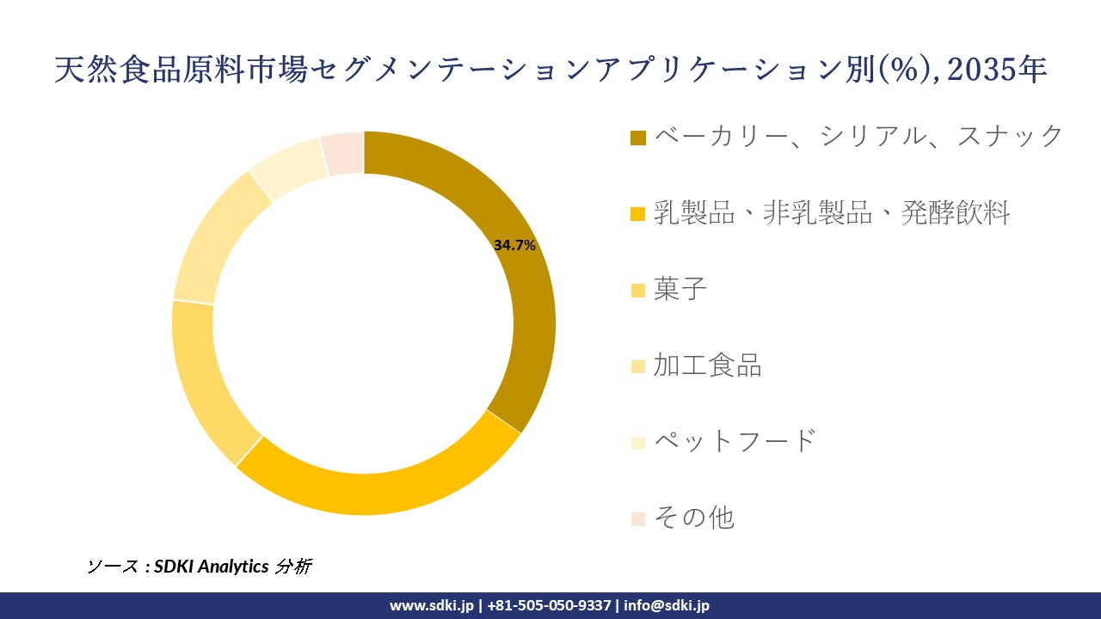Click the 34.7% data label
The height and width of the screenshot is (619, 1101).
(x=514, y=245)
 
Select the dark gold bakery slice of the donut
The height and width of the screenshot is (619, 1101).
(x=525, y=284)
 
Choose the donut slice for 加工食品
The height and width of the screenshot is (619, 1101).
(x=211, y=241)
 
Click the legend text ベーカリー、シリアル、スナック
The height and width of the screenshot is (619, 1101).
(x=858, y=136)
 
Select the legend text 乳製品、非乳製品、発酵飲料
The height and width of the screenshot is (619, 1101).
(x=832, y=212)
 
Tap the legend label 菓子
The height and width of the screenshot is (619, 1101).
(x=680, y=289)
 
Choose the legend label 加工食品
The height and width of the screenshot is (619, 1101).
(x=707, y=365)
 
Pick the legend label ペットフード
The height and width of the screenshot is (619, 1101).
(x=734, y=441)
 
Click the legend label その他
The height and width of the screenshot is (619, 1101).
(x=693, y=518)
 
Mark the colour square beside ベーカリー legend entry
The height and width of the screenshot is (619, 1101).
(x=637, y=138)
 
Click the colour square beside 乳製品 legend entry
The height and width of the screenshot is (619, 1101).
(x=637, y=213)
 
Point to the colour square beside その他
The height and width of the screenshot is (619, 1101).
(x=637, y=518)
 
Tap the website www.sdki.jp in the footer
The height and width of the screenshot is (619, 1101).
(x=432, y=605)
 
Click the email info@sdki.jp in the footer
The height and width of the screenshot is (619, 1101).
(x=667, y=605)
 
